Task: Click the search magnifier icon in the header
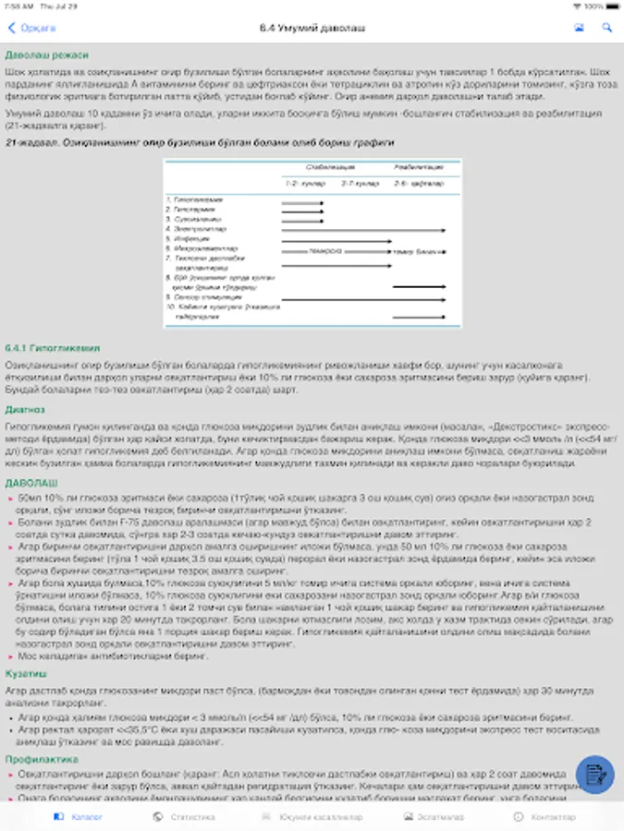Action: (x=607, y=28)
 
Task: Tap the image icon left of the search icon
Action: (x=580, y=28)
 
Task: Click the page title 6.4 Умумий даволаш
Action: (x=312, y=28)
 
